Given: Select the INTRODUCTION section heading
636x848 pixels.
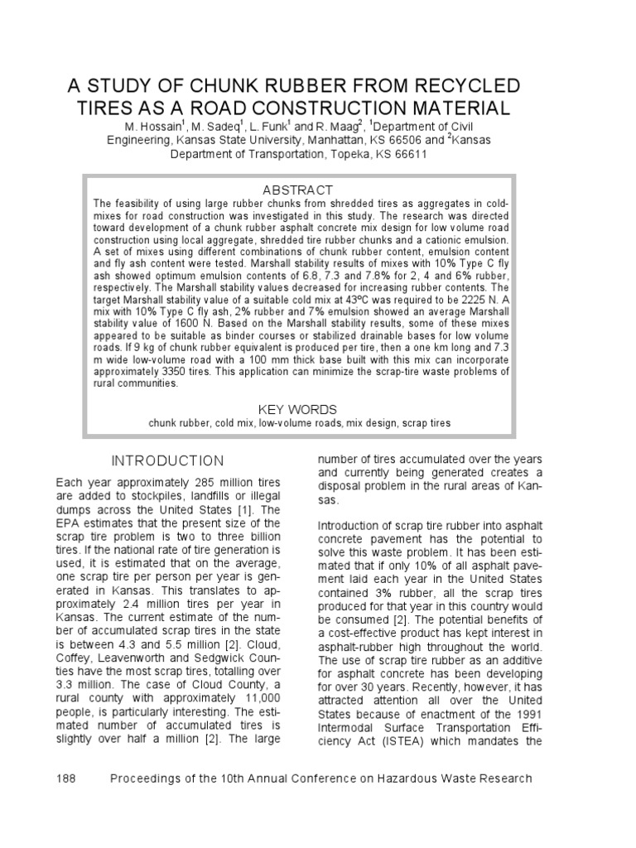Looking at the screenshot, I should coord(168,460).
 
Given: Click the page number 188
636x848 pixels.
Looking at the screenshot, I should coord(66,778).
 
